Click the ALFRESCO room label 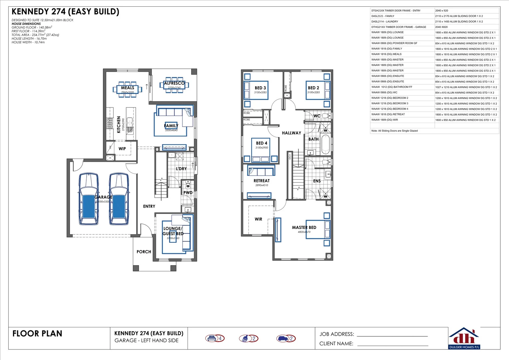(x=174, y=83)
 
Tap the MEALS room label (x=128, y=88)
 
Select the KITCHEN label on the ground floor (x=119, y=124)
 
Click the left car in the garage (x=89, y=199)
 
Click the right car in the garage (x=119, y=199)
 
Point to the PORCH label (x=144, y=252)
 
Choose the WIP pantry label (x=122, y=149)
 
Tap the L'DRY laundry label (x=181, y=169)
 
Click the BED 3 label (x=260, y=88)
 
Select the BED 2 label (x=313, y=88)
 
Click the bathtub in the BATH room (x=325, y=144)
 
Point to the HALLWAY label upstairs (x=291, y=133)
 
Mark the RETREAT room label (x=261, y=181)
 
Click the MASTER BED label (x=304, y=227)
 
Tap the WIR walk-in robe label (x=258, y=219)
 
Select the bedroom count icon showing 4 (x=215, y=338)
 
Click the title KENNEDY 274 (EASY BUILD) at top (x=65, y=12)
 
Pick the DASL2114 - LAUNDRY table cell (x=385, y=21)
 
